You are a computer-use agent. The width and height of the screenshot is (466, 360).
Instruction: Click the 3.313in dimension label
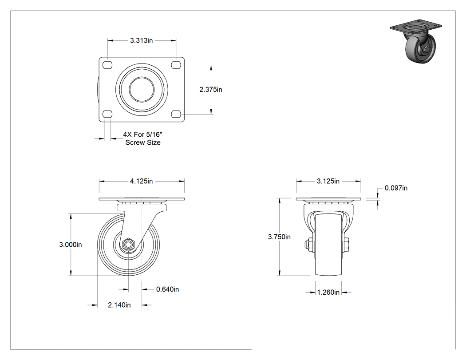coord(141,40)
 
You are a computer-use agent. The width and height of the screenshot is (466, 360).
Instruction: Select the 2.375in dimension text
coord(211,90)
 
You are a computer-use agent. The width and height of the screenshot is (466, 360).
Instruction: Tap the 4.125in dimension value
coord(141,181)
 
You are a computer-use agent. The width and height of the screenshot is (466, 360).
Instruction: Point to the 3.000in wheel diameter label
coord(71,245)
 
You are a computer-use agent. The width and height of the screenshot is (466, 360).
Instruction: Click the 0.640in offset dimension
coord(168,289)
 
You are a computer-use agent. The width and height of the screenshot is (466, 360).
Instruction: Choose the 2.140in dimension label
coord(119,305)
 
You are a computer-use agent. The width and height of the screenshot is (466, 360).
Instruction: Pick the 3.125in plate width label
coord(328,181)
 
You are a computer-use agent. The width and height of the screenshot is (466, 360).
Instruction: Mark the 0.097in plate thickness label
coord(396,188)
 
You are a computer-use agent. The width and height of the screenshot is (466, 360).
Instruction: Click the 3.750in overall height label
coord(279,237)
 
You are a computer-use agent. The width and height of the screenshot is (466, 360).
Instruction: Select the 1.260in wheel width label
coord(328,293)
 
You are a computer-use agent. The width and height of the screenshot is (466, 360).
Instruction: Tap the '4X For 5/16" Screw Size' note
coord(143,138)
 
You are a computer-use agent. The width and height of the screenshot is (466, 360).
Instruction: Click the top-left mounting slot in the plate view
coord(107,65)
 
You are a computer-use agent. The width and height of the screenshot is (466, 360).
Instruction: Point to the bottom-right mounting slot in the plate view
coord(176,114)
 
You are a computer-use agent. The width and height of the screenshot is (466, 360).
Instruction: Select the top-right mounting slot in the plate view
coord(176,65)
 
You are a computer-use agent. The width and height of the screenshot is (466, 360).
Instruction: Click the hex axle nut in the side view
coord(128,245)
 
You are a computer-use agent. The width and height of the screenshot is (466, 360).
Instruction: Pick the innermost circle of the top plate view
coord(142,90)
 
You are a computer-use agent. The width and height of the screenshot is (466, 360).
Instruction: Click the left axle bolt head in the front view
coord(306,245)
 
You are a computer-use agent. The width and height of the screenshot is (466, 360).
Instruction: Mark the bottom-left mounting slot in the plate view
coord(107,114)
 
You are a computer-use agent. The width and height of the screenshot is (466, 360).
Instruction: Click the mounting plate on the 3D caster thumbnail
coord(415,27)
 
